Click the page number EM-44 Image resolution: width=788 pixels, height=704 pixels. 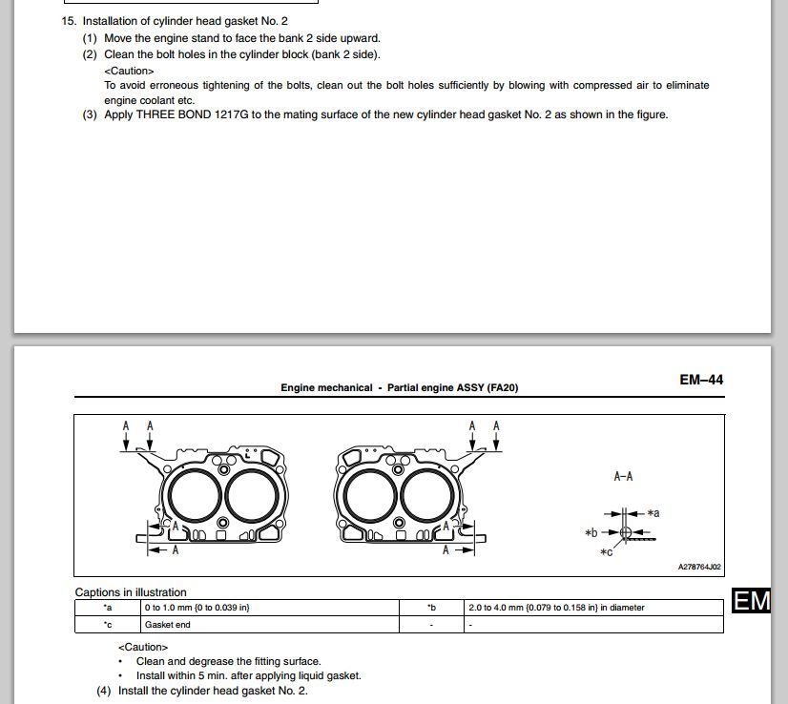pos(701,380)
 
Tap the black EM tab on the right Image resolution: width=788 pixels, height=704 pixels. pos(751,601)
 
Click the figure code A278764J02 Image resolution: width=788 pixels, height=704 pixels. pos(699,567)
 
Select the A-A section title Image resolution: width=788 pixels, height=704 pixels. pos(623,476)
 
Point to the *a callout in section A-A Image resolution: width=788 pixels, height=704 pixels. pos(653,513)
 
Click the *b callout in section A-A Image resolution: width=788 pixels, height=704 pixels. pos(591,532)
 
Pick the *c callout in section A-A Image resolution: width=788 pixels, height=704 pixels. pos(606,552)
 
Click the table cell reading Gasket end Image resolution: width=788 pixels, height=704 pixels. pos(167,625)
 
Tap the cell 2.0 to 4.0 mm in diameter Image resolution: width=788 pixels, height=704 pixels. pos(555,608)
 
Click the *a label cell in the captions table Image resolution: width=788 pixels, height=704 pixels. pos(108,608)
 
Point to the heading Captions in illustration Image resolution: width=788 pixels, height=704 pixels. pos(131,592)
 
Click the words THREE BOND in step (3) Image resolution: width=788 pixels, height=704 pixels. pos(172,114)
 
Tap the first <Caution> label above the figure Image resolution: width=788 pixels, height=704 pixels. pos(129,71)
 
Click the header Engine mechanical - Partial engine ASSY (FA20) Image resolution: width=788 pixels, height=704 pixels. pos(399,388)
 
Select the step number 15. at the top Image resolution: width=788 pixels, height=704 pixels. pos(69,21)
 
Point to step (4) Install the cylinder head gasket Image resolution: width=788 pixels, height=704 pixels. pos(202,691)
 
